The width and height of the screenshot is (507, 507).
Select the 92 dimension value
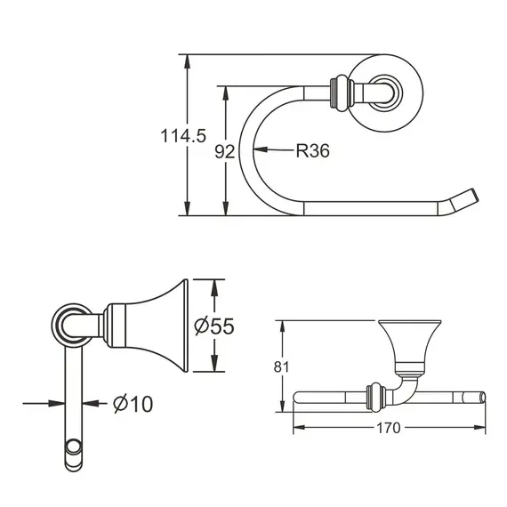click(225, 151)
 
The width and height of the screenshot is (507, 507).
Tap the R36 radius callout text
click(312, 151)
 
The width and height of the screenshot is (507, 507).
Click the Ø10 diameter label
click(133, 404)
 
